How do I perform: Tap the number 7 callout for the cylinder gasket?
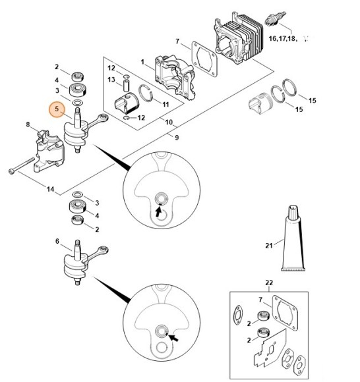[x=177, y=41]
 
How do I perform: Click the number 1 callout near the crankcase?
[x=142, y=62]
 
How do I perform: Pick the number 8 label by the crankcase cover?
[x=28, y=124]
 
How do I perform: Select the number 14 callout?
[x=50, y=189]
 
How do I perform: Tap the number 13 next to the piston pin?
[x=111, y=80]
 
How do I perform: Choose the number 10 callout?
[x=169, y=123]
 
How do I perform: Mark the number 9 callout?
[x=177, y=136]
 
